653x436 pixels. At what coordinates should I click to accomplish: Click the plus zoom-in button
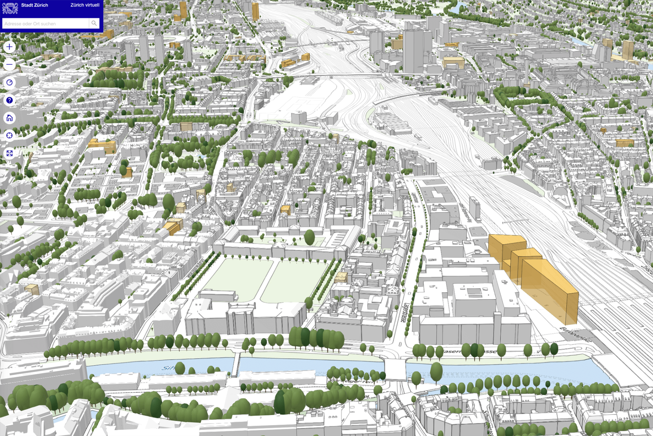point(9,47)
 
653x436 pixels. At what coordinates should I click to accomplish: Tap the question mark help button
point(9,100)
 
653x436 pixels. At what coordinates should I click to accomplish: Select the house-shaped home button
point(9,118)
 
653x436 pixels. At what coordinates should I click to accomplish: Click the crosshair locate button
point(9,136)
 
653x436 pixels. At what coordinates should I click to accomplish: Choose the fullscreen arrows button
point(9,153)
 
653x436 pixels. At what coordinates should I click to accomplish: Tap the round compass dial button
point(9,82)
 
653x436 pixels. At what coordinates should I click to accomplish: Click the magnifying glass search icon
point(94,23)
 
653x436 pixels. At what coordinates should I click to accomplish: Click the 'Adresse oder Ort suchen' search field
point(45,24)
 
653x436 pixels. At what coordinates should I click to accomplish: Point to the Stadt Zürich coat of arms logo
point(10,8)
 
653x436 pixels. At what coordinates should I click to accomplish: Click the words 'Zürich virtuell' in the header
point(85,5)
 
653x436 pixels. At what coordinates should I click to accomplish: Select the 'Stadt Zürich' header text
point(34,5)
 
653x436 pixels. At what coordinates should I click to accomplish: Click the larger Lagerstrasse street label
point(404,313)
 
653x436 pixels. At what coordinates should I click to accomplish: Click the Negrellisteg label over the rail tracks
point(515,221)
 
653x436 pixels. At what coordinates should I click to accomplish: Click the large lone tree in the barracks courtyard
point(309,237)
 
